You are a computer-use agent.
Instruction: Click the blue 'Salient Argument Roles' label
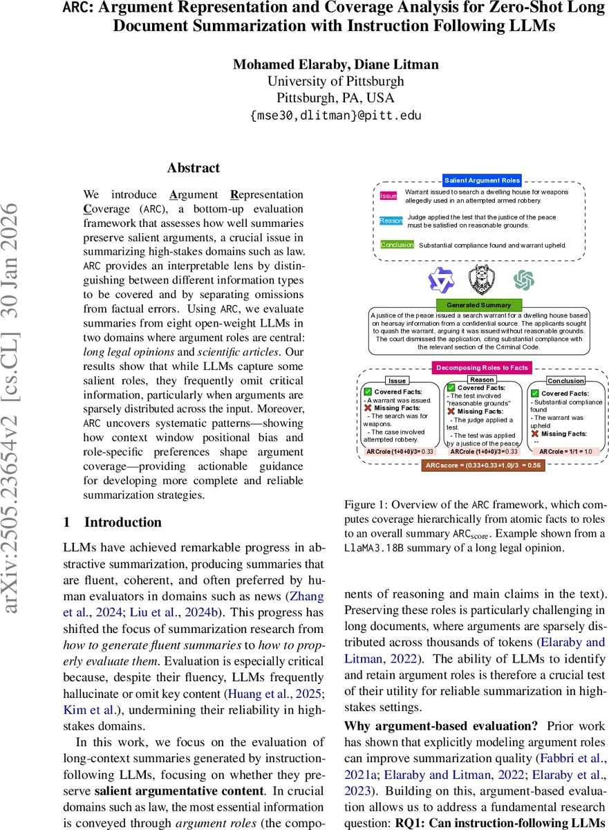[482, 181]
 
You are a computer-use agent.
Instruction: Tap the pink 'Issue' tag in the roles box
[388, 196]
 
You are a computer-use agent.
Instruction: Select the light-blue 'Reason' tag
[391, 221]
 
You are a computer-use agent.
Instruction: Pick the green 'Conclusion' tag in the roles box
[397, 245]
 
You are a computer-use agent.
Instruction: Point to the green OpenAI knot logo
[524, 280]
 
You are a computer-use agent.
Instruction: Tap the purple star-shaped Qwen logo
[440, 280]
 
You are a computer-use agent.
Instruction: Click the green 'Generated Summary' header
[479, 304]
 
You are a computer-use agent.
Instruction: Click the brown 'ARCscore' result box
[482, 465]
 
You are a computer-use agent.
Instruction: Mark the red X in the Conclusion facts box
[535, 434]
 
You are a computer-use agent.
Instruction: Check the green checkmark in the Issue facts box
[368, 392]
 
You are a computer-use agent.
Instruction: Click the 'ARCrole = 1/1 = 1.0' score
[565, 452]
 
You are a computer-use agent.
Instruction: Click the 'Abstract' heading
[194, 168]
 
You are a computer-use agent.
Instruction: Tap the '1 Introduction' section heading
[113, 522]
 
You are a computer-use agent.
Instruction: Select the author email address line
[335, 116]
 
